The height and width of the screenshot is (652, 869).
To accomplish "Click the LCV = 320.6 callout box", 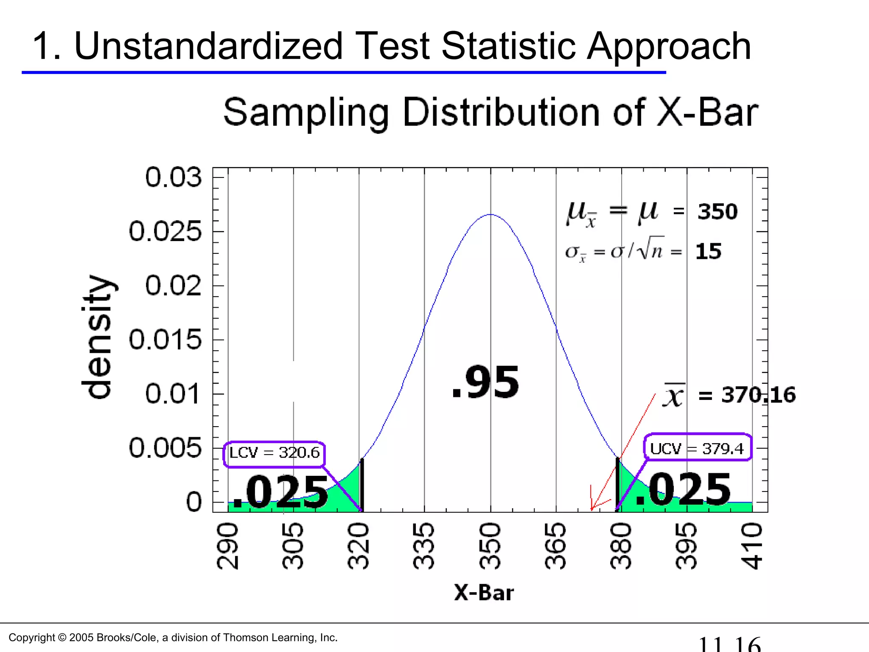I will (x=274, y=453).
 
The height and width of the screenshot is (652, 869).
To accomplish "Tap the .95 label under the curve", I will (x=486, y=382).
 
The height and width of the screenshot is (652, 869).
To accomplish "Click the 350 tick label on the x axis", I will (x=490, y=546).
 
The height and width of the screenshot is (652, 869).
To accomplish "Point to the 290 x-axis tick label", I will (x=228, y=546).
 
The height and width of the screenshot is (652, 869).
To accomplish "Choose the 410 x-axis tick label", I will (x=752, y=546).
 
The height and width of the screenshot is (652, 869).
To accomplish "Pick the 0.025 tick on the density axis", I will (x=165, y=232).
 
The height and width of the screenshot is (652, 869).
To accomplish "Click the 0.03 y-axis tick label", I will (x=173, y=177).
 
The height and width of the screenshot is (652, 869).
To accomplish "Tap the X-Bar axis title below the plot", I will (x=484, y=593).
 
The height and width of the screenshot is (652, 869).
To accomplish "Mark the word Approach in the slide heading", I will (x=669, y=47).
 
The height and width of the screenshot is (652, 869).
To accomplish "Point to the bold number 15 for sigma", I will (x=708, y=251).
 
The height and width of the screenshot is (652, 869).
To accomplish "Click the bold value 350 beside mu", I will (x=718, y=211).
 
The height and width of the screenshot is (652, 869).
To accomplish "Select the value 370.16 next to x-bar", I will (x=758, y=395).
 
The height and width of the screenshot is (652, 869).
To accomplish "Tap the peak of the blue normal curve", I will (x=491, y=215).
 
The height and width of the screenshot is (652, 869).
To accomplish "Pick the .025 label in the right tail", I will (x=683, y=490).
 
